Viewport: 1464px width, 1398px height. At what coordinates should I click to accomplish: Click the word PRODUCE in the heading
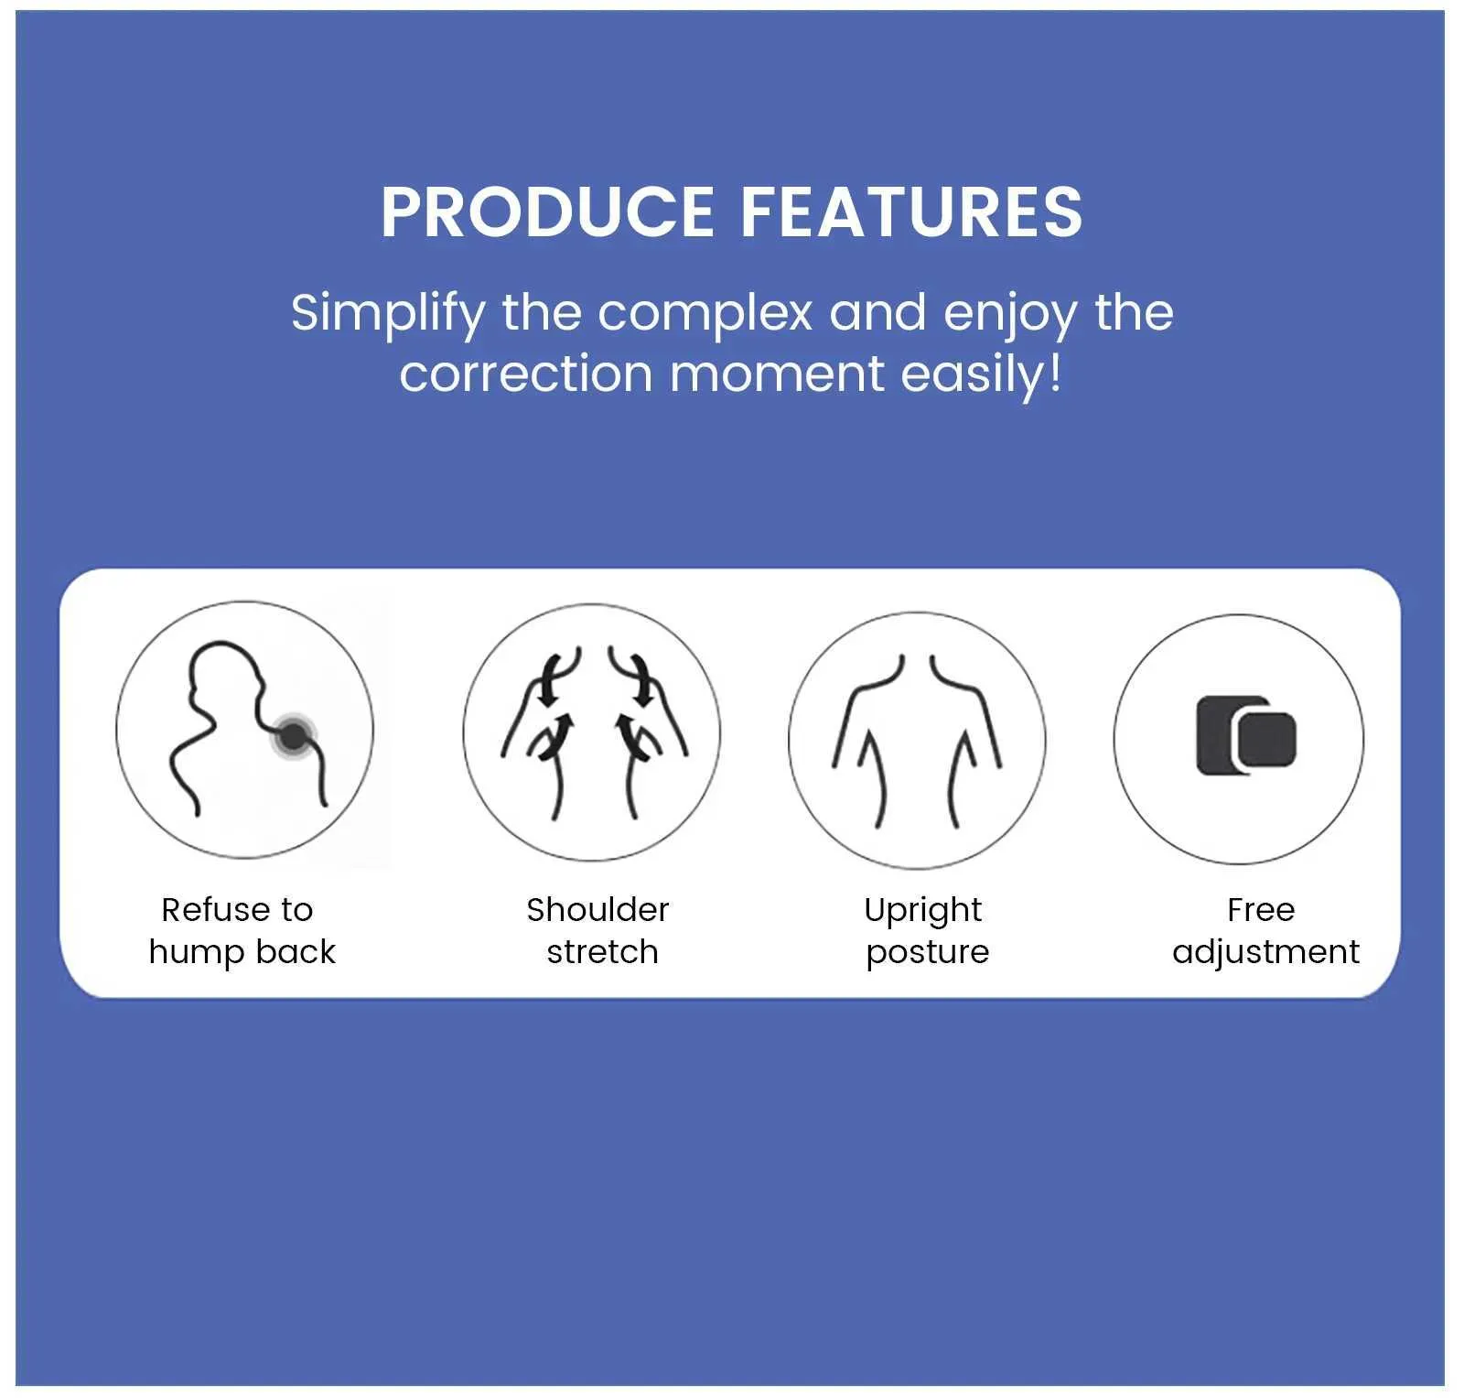tap(547, 212)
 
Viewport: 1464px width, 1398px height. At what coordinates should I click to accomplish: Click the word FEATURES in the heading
tap(911, 212)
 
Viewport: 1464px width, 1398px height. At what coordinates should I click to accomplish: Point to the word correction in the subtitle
tap(526, 374)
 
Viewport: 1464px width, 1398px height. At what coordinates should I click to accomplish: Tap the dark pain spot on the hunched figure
tap(293, 735)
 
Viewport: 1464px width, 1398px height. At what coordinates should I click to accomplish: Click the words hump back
tap(242, 952)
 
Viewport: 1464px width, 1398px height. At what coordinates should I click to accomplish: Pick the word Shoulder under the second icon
tap(597, 910)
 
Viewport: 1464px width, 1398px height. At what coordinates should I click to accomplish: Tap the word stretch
tap(602, 952)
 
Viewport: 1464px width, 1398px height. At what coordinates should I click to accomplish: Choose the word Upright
tap(922, 911)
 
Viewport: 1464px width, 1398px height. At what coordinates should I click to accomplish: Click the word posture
tap(928, 953)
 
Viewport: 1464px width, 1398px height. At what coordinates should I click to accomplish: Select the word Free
tap(1261, 910)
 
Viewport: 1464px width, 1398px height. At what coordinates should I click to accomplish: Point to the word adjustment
tap(1265, 952)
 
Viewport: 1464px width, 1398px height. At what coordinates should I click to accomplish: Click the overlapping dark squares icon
tap(1246, 735)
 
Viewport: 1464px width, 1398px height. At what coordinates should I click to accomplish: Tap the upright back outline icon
tap(917, 741)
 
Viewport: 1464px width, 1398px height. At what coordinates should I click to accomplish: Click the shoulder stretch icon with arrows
tap(593, 732)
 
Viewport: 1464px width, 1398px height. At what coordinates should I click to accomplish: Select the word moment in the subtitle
tap(777, 374)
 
